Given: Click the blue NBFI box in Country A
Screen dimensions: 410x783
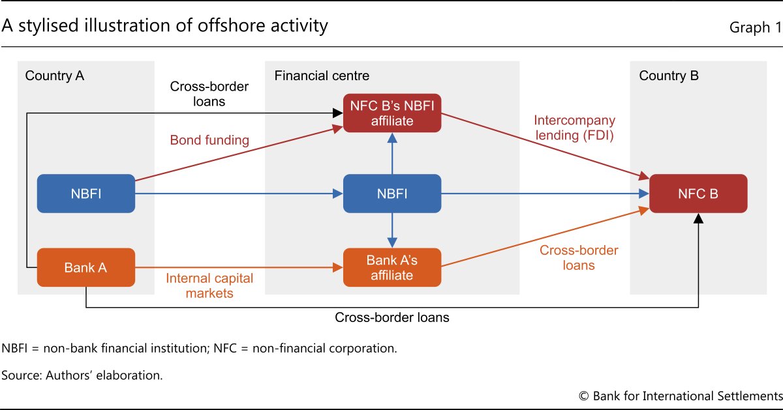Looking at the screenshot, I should [x=86, y=194].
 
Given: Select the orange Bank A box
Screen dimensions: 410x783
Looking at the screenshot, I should [x=86, y=267].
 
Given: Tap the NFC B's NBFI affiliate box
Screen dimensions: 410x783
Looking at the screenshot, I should [x=392, y=113].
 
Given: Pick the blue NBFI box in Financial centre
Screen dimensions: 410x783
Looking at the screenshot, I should [x=392, y=194].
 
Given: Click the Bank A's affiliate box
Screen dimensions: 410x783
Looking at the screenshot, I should [x=392, y=267].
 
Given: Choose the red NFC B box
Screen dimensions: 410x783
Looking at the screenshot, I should [x=698, y=194].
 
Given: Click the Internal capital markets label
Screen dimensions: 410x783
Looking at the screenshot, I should [x=209, y=286].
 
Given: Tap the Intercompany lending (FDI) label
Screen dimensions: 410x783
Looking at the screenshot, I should [x=575, y=128].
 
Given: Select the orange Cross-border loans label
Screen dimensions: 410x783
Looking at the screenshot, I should [x=579, y=257].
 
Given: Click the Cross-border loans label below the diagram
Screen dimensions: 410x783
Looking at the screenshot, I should [x=391, y=318].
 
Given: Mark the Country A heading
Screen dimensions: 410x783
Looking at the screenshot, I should [x=55, y=76].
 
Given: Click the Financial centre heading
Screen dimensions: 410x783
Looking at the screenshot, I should [x=322, y=76].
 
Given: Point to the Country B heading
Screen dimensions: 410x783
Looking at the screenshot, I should [x=669, y=76].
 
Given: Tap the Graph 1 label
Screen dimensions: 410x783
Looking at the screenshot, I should [x=755, y=28].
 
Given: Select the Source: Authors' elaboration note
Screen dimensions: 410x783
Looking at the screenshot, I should [x=82, y=375].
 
